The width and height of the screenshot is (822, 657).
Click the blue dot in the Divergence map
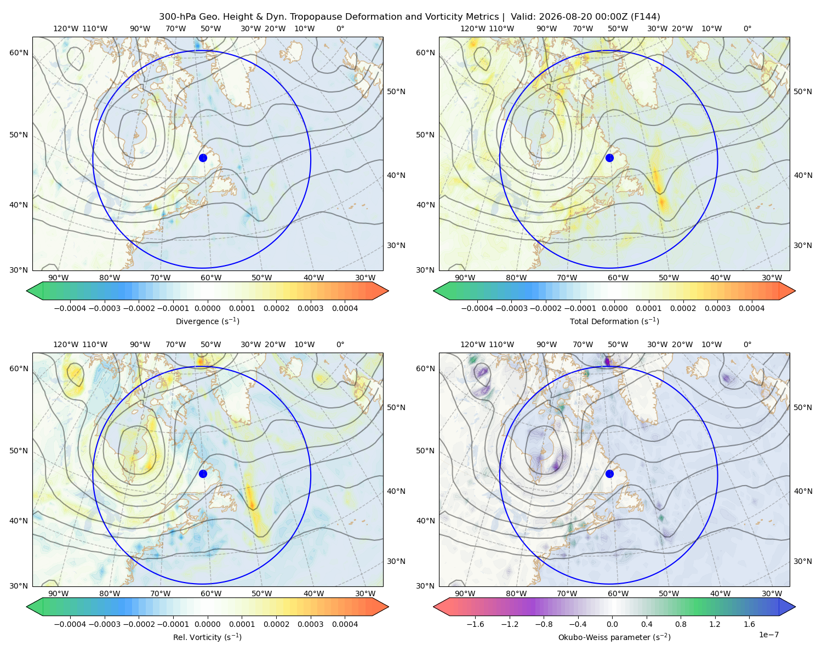click(x=203, y=158)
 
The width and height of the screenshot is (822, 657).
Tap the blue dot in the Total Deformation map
click(x=609, y=158)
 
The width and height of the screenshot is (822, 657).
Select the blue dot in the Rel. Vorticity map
click(x=203, y=474)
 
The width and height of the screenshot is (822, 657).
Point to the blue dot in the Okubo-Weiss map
click(x=609, y=474)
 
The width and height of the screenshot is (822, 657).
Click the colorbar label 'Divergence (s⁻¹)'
click(x=207, y=321)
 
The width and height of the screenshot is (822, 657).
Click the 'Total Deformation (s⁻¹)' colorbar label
click(x=614, y=321)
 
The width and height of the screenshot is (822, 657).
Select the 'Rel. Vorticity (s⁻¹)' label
click(x=207, y=637)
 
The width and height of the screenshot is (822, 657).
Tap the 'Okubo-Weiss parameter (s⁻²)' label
click(x=614, y=637)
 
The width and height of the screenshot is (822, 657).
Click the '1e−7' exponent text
click(x=768, y=635)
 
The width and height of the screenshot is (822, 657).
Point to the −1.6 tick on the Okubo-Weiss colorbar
click(x=475, y=624)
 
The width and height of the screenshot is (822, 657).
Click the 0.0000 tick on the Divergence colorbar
click(x=207, y=308)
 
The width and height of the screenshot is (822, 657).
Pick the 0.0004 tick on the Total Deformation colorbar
click(x=751, y=308)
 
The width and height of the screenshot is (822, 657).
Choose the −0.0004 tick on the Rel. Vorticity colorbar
click(x=70, y=624)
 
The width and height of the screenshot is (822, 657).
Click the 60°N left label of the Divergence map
click(x=19, y=53)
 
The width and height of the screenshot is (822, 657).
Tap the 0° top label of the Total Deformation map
click(x=747, y=28)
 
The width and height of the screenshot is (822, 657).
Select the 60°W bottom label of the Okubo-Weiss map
click(x=618, y=593)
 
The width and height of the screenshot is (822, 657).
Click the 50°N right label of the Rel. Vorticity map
click(x=396, y=407)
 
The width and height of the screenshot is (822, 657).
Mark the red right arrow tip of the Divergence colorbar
click(x=388, y=291)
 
